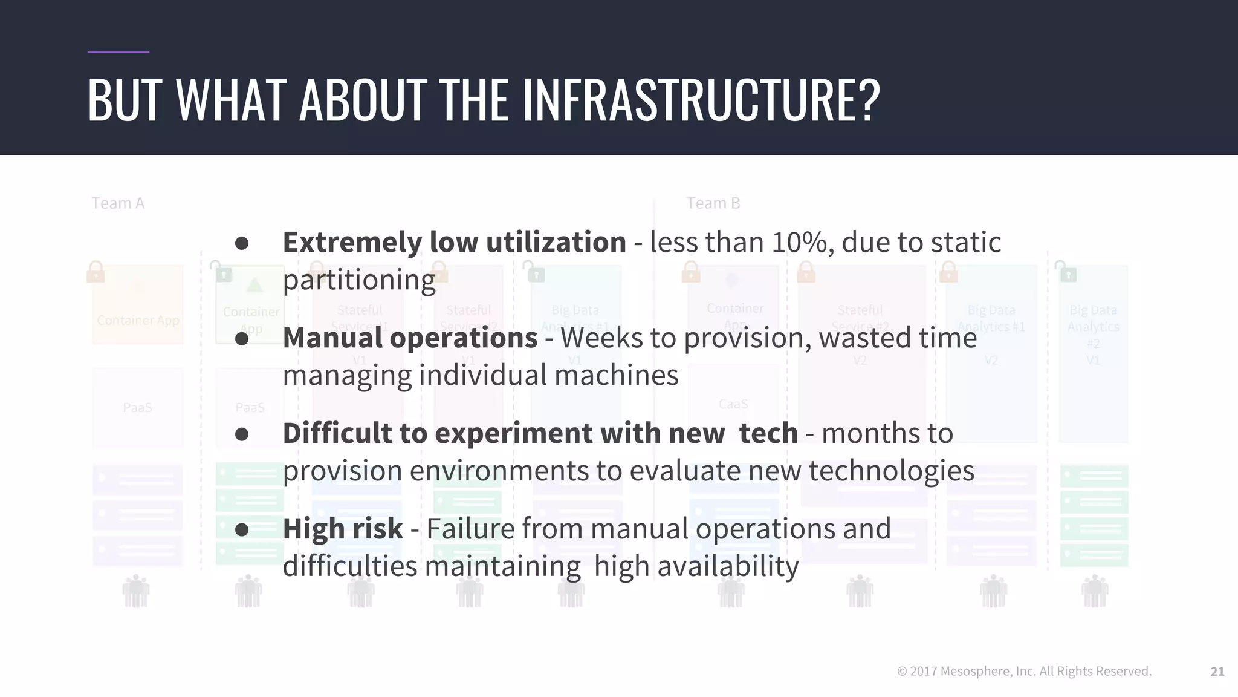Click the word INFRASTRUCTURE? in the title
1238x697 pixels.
701,100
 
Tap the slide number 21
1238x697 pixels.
1217,671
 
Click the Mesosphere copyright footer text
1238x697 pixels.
1024,671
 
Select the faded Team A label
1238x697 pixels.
118,203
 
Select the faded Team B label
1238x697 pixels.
713,203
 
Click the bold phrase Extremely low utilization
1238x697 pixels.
454,243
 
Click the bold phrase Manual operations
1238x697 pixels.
410,338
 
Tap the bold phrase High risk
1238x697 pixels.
343,529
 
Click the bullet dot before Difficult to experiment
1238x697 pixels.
242,434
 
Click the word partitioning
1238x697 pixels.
359,280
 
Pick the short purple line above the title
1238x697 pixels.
118,52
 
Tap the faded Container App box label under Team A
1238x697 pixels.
138,321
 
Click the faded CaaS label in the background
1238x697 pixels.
733,404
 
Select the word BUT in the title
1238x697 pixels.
125,100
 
